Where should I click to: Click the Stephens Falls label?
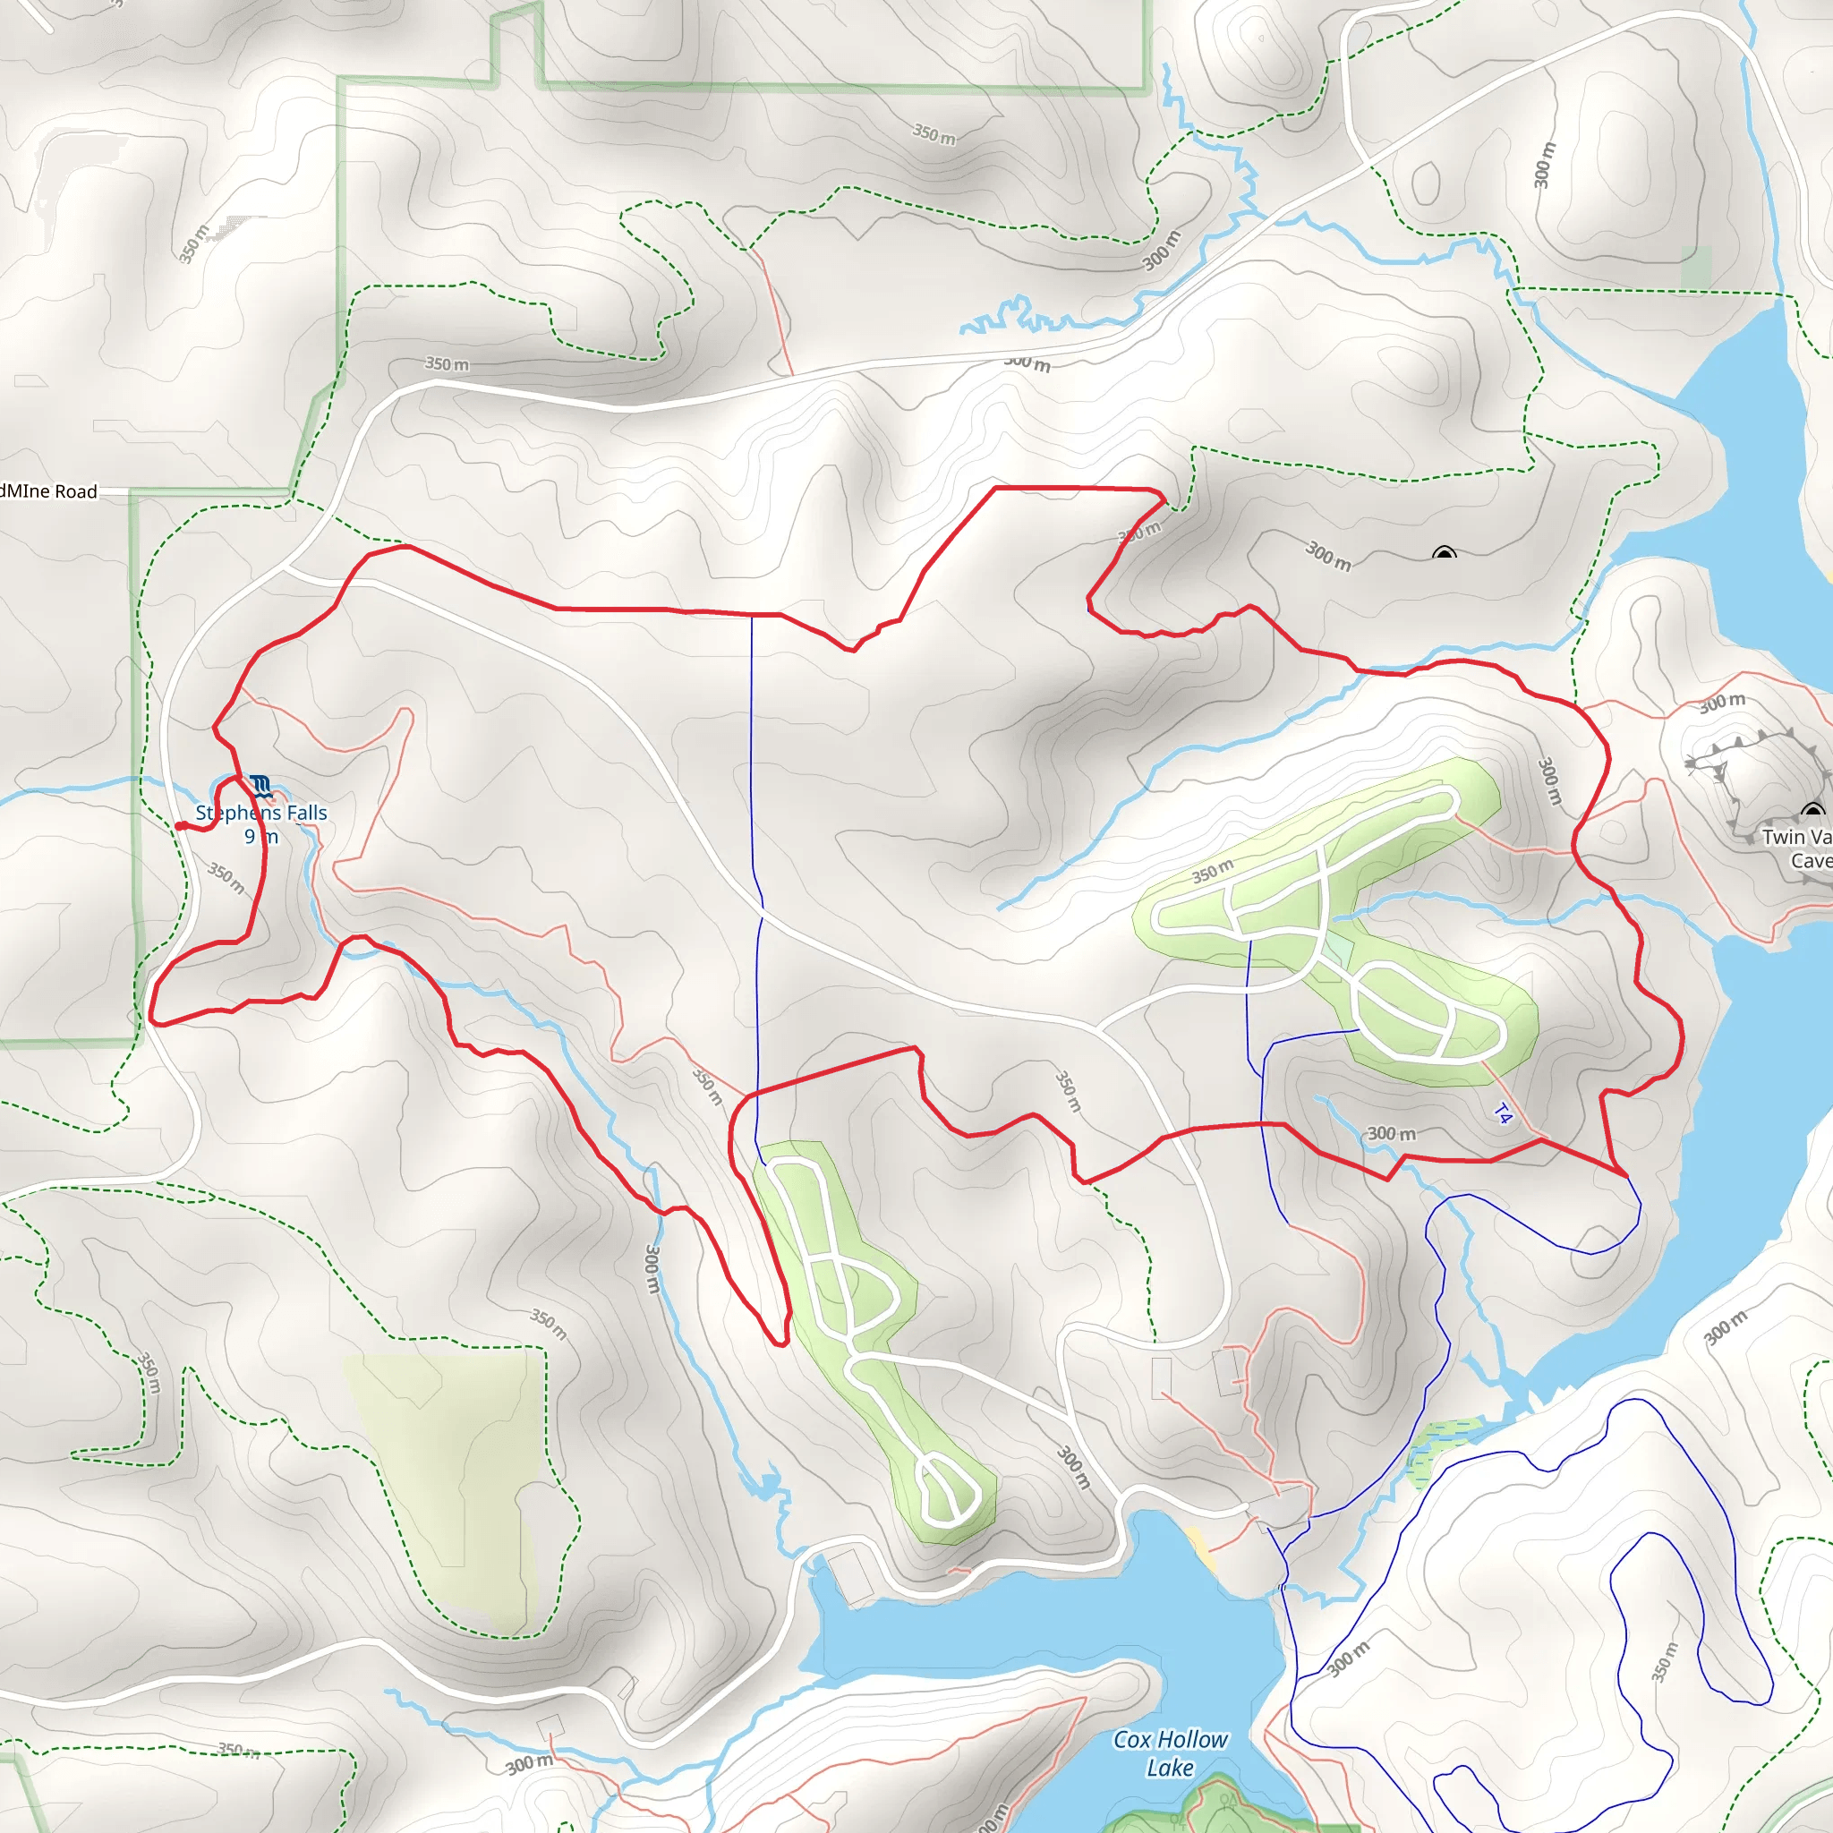tap(261, 813)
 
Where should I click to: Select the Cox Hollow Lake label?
tap(1170, 1754)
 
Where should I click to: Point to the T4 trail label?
tap(1502, 1115)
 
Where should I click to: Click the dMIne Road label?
tap(48, 491)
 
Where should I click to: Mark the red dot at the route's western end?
tap(180, 826)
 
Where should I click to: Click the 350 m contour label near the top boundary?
tap(934, 133)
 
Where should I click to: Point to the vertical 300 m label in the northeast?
tap(1545, 165)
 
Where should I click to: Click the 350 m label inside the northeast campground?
tap(1213, 870)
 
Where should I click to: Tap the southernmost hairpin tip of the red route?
tap(780, 1343)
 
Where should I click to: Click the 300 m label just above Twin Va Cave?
tap(1722, 703)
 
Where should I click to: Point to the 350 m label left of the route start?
tap(226, 879)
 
